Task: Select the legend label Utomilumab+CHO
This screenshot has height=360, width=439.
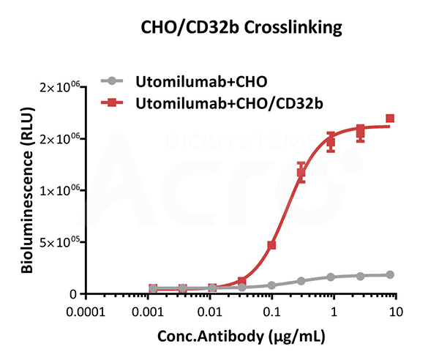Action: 180,80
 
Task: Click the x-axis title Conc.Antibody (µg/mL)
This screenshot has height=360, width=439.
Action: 239,337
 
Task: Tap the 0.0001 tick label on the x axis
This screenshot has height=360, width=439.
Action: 86,310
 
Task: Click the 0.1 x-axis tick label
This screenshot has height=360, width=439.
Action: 272,310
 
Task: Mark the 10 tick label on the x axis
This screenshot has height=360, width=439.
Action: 395,310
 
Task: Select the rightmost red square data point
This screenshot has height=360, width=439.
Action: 390,119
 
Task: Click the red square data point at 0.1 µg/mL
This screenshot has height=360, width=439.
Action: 272,245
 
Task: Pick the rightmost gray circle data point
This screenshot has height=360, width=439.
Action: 390,274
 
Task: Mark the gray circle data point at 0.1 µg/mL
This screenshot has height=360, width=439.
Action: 272,285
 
